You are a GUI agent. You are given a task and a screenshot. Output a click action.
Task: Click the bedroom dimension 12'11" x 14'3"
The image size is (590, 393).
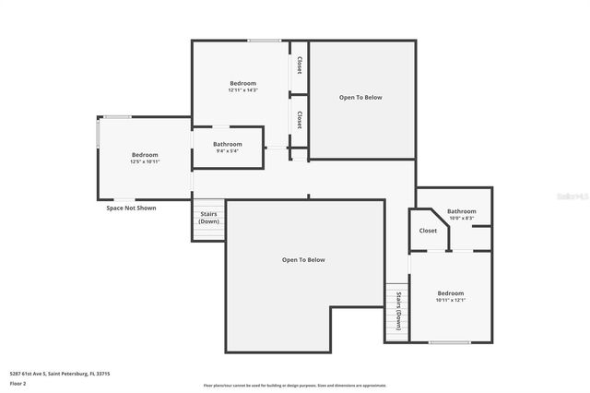242,90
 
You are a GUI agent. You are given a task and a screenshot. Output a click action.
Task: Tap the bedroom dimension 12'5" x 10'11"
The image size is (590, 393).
145,161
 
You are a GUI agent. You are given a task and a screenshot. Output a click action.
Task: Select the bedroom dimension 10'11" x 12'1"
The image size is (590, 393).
451,300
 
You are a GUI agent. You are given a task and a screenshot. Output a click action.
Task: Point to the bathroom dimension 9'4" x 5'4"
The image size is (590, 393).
227,151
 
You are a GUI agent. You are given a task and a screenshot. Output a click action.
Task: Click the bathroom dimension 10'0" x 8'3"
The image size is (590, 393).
462,219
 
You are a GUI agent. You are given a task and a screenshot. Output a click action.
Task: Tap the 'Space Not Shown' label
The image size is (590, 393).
132,208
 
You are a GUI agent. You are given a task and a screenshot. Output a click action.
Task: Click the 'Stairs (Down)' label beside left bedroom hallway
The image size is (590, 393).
209,218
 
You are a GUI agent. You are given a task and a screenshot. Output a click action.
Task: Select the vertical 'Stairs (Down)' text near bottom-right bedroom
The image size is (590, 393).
398,310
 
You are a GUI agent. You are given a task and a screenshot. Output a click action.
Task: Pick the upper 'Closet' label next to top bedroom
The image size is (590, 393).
299,65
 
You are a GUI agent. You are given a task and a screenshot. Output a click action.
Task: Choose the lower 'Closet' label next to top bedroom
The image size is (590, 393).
299,120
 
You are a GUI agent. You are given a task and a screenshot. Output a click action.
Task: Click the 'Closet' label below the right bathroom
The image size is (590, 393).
428,231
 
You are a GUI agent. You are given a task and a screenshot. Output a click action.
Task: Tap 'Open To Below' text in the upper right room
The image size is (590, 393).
360,97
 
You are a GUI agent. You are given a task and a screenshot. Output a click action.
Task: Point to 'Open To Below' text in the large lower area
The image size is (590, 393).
303,260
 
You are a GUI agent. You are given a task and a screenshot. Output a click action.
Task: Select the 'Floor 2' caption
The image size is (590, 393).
18,383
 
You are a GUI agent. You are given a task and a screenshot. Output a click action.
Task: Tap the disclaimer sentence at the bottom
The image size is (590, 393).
295,386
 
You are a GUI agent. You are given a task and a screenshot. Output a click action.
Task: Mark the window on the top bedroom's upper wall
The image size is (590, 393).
265,41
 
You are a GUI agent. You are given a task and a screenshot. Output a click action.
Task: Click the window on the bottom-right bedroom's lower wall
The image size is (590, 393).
450,342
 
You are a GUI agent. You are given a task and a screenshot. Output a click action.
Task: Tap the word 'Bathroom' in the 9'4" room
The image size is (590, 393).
227,144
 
